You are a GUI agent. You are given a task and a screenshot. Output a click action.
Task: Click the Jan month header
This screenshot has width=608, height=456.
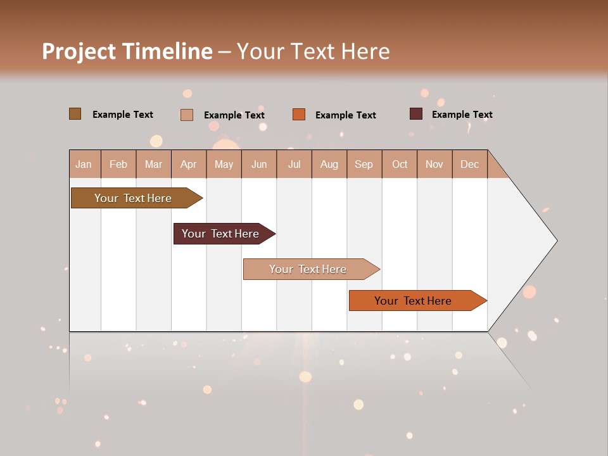[84, 164]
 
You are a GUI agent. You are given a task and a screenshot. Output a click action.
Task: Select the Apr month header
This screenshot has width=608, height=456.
[189, 164]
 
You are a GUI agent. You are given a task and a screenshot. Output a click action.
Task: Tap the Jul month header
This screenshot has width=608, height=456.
[294, 164]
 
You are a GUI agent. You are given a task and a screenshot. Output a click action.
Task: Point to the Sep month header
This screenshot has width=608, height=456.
[364, 164]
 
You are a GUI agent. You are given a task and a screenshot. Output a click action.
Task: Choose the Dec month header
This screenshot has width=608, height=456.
[469, 164]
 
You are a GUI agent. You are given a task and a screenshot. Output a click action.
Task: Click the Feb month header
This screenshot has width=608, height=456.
[118, 164]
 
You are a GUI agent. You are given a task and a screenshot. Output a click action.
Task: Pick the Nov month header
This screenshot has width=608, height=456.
[434, 164]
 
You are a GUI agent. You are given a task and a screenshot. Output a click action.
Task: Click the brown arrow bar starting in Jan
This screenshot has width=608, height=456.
[133, 198]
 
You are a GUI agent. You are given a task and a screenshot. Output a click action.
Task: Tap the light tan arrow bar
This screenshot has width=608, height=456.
[308, 269]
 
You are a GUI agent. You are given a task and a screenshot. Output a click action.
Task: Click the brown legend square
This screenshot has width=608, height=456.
[75, 114]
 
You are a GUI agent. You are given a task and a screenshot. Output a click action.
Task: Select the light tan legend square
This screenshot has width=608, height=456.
[186, 115]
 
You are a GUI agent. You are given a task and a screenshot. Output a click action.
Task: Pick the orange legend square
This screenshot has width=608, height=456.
[299, 115]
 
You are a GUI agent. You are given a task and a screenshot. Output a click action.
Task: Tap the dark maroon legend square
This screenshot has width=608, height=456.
[415, 114]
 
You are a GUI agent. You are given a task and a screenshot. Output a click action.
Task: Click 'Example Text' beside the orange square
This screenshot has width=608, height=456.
[345, 115]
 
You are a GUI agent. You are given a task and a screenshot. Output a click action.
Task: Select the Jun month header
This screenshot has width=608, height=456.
[259, 164]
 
